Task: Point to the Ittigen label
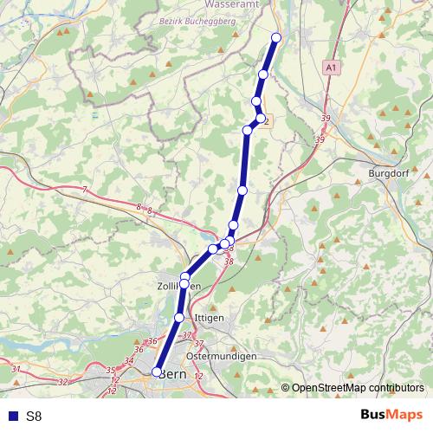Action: tap(210, 318)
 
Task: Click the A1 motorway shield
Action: tap(332, 66)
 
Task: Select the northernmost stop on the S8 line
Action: tap(277, 37)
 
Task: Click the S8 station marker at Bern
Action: tap(157, 372)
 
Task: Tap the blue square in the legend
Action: tap(10, 417)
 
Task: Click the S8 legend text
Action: tap(34, 417)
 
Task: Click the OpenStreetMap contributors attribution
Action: tap(358, 388)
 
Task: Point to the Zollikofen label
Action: tap(178, 286)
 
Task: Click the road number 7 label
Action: tap(85, 190)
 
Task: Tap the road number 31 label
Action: tap(16, 370)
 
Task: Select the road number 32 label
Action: tap(61, 381)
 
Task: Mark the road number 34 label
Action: tap(129, 361)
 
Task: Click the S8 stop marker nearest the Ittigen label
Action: tap(179, 318)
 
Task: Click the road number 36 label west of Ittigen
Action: tap(152, 341)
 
